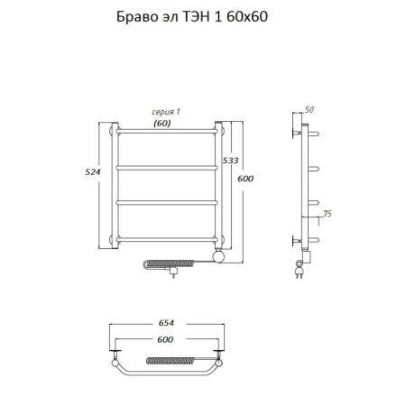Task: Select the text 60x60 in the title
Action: pos(247,16)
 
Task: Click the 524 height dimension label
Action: pos(93,171)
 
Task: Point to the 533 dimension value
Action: pos(230,161)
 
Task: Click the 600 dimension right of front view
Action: pos(245,179)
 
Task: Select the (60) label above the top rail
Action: pos(162,124)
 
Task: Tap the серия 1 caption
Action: pos(166,112)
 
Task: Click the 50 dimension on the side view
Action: pos(309,110)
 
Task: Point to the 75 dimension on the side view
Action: pos(328,214)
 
